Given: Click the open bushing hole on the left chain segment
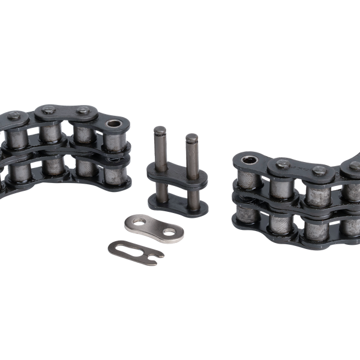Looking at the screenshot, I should coord(113,124).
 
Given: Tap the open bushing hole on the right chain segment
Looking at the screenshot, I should coord(247,160).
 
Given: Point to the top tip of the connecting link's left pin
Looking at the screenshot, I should coord(160,128).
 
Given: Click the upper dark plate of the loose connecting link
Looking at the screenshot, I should coord(177,175).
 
